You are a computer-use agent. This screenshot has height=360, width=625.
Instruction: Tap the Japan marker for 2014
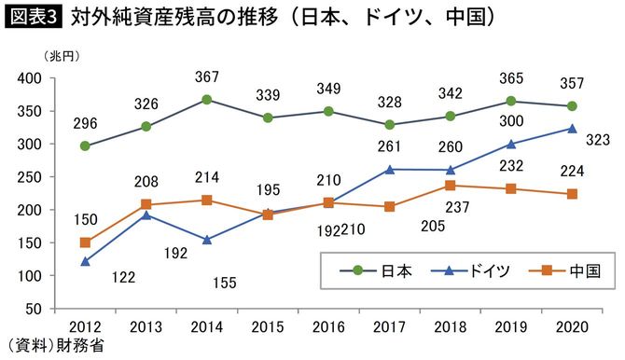[206, 100]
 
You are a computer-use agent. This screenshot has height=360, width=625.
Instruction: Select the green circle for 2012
[86, 146]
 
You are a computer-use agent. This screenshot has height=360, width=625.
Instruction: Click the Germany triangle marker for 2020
[572, 129]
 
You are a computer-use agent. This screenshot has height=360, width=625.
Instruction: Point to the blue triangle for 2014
[206, 239]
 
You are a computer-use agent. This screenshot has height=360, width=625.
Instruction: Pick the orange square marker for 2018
[451, 186]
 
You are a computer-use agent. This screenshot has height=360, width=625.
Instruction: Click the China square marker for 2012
[86, 242]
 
